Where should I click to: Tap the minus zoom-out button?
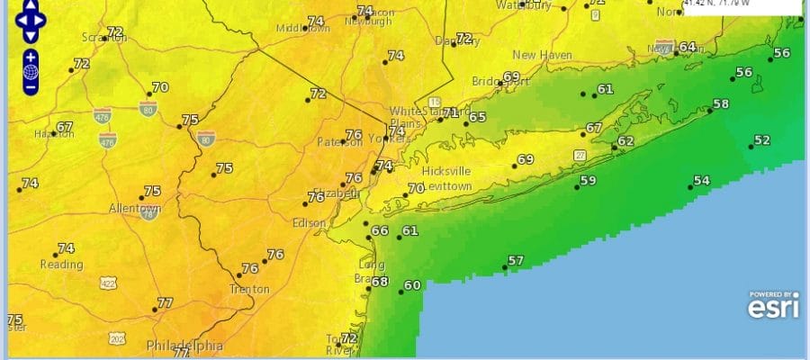(31, 87)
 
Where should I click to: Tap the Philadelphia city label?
(184, 345)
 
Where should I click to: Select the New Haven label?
(543, 55)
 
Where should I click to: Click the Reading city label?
(61, 265)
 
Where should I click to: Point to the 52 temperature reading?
(762, 140)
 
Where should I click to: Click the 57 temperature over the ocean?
(516, 261)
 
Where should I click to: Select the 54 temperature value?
(701, 181)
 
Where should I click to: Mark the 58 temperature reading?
(720, 104)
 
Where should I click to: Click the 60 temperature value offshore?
(412, 286)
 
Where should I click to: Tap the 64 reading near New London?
(688, 47)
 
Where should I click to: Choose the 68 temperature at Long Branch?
(380, 282)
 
